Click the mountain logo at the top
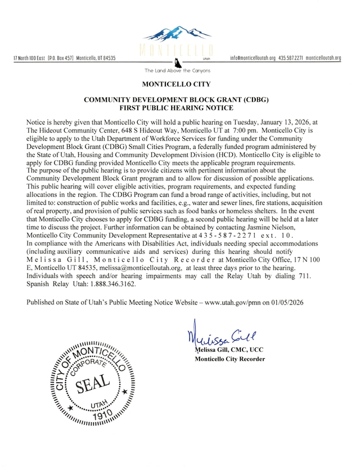pyautogui.click(x=177, y=31)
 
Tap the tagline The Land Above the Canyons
pyautogui.click(x=177, y=70)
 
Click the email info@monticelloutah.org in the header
pyautogui.click(x=253, y=58)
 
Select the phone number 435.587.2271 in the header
pyautogui.click(x=291, y=58)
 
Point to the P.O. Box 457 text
pyautogui.click(x=61, y=58)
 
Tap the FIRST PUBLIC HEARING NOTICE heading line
pyautogui.click(x=177, y=107)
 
